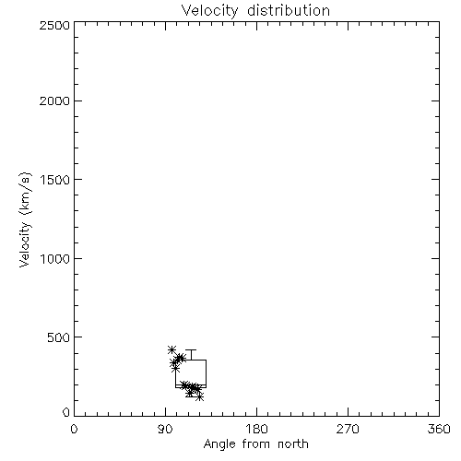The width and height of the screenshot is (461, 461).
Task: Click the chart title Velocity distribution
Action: tap(255, 10)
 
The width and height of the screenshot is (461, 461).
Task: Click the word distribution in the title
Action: tap(289, 10)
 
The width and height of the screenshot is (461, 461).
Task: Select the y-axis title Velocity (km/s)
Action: tap(25, 219)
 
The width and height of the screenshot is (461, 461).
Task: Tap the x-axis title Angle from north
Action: tap(256, 443)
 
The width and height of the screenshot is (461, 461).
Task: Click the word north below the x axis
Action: tap(293, 443)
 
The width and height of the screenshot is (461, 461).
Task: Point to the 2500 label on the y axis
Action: tap(54, 25)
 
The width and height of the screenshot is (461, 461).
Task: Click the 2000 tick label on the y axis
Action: tap(54, 100)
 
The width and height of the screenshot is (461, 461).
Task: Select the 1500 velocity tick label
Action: tap(55, 180)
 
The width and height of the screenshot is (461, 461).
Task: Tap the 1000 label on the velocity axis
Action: tap(55, 258)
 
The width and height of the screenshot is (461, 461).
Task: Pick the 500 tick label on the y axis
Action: tap(59, 337)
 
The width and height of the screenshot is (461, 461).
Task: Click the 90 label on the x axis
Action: tap(165, 429)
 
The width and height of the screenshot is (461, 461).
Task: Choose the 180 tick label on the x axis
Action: tap(256, 429)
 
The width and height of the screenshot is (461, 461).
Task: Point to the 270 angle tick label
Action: tap(348, 429)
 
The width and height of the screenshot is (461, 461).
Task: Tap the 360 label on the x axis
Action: tap(439, 429)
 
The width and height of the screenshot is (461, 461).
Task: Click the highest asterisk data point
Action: tap(171, 349)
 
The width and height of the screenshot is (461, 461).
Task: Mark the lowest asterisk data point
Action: tap(200, 397)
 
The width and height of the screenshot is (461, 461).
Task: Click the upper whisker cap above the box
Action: tap(191, 349)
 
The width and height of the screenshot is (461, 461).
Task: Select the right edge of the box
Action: tap(206, 373)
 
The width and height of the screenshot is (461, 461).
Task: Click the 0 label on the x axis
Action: tap(74, 429)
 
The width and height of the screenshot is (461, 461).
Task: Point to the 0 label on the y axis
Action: tap(66, 412)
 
